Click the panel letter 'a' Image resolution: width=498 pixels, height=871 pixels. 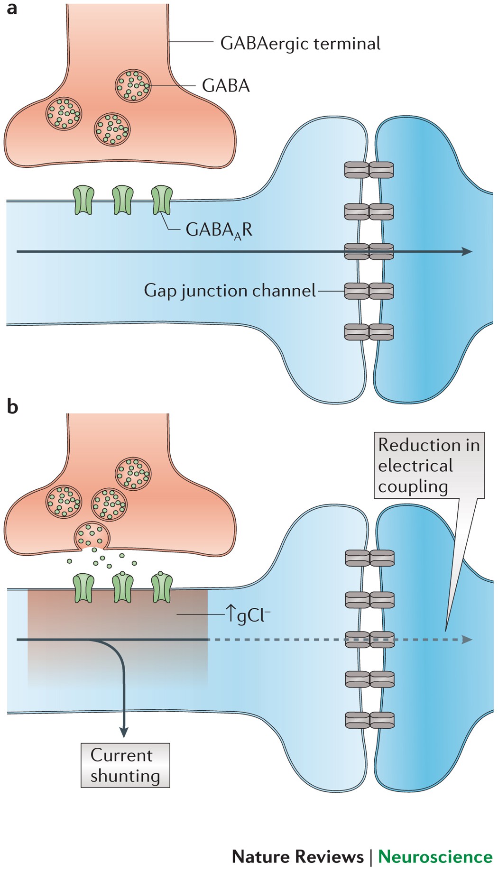pyautogui.click(x=12, y=9)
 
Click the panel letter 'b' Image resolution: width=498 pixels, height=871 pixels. pyautogui.click(x=12, y=406)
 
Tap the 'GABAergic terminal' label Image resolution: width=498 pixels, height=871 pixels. pyautogui.click(x=300, y=44)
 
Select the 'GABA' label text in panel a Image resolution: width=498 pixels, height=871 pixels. pyautogui.click(x=226, y=86)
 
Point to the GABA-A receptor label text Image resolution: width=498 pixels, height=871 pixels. pyautogui.click(x=219, y=230)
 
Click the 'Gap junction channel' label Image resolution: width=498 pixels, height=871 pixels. pyautogui.click(x=230, y=291)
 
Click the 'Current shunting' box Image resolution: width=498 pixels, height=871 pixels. pyautogui.click(x=125, y=765)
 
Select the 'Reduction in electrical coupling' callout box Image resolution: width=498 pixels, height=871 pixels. pyautogui.click(x=429, y=465)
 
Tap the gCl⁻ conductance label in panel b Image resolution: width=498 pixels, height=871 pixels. pyautogui.click(x=248, y=614)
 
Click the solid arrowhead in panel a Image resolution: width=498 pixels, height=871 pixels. pyautogui.click(x=468, y=251)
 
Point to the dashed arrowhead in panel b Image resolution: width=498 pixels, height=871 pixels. pyautogui.click(x=468, y=640)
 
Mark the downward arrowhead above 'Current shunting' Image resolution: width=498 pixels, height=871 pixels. pyautogui.click(x=124, y=732)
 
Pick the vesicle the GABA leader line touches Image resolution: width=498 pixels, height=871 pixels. pyautogui.click(x=133, y=86)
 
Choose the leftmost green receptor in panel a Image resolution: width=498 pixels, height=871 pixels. pyautogui.click(x=83, y=200)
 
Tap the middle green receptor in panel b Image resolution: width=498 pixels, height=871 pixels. pyautogui.click(x=123, y=588)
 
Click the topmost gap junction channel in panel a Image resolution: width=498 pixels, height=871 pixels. pyautogui.click(x=369, y=170)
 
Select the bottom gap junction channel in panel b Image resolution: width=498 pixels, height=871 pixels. pyautogui.click(x=370, y=720)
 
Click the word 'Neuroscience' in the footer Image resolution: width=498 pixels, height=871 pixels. pyautogui.click(x=435, y=857)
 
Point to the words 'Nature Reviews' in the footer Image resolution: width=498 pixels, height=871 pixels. pyautogui.click(x=298, y=857)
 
